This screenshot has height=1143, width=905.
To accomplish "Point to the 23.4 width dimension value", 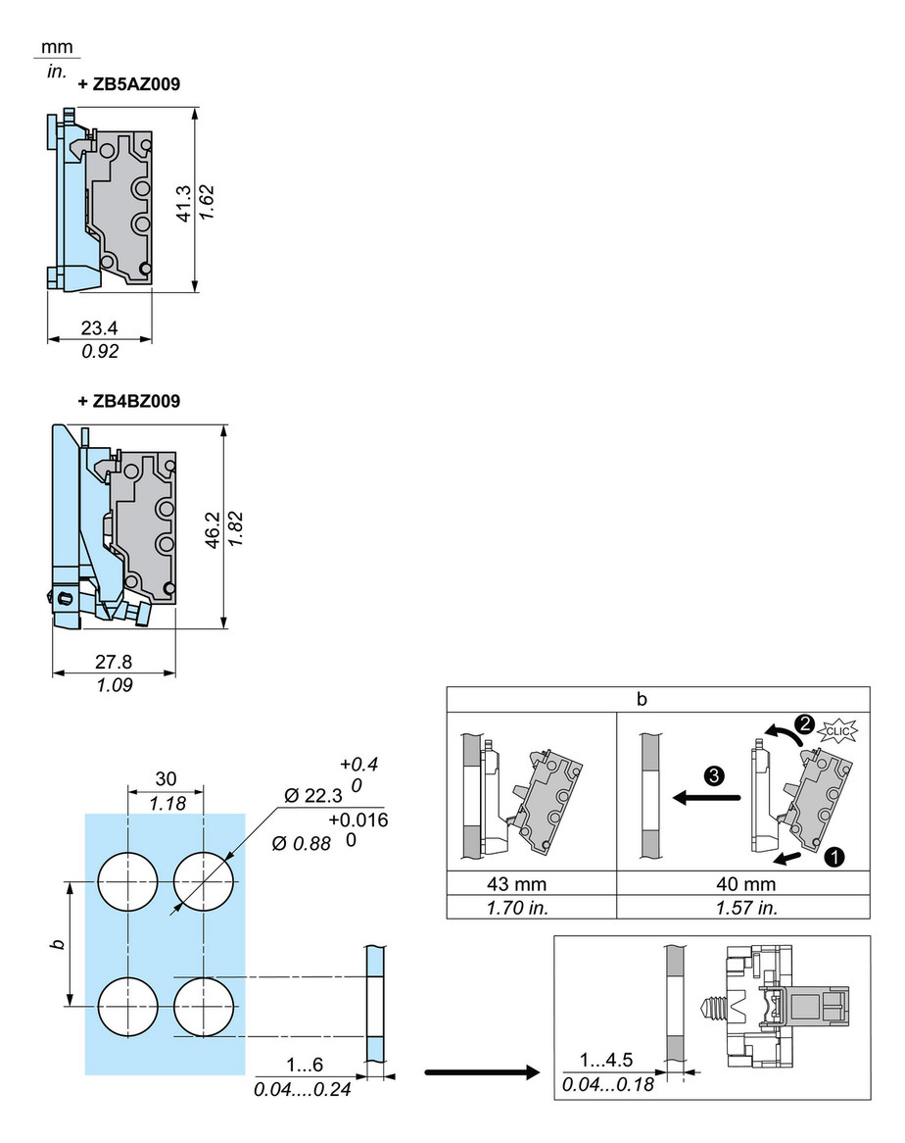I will click(100, 328).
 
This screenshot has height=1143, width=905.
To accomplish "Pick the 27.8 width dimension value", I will click(114, 662).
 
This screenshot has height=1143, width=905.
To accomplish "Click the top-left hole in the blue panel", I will click(128, 880).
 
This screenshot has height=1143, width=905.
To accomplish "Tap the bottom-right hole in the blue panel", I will click(203, 1007).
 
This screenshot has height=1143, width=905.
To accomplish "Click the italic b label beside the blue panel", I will click(59, 944).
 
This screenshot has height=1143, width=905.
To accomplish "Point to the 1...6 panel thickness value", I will click(304, 1066).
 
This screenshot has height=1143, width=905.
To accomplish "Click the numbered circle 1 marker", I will click(834, 859).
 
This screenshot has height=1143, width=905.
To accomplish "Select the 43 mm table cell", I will click(531, 885).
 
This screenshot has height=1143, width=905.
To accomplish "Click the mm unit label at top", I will click(60, 48).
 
